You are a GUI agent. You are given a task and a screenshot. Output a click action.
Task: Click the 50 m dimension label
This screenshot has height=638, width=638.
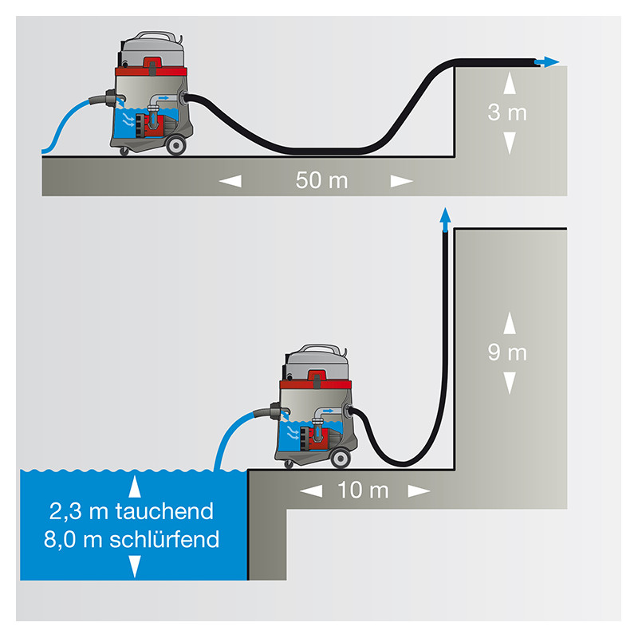point(322,180)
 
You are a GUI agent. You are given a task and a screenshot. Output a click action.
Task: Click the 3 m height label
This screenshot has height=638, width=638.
point(507,112)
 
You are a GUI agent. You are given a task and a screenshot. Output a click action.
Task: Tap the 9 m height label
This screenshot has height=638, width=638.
point(507,352)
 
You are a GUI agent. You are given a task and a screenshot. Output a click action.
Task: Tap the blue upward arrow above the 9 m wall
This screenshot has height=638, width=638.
point(445,215)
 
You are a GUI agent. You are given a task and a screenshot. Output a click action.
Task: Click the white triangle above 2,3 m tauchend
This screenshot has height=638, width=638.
point(135,486)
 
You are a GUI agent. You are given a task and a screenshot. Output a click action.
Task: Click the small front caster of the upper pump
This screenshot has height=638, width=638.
point(123,152)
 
